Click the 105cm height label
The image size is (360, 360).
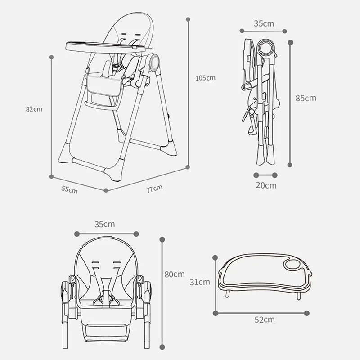pos(205,78)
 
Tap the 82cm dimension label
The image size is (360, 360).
pos(34,109)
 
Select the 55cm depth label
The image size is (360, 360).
pos(69,189)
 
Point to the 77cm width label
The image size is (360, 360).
pos(154,189)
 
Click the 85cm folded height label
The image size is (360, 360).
pos(306,98)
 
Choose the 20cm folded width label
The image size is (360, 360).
pos(266,185)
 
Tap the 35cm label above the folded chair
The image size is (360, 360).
pos(264,23)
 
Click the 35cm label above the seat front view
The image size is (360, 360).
pos(105,224)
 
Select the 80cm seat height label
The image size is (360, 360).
pos(175,274)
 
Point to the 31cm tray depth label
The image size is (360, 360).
pos(200,282)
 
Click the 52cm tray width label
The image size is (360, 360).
pos(265,319)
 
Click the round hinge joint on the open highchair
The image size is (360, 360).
pos(154,62)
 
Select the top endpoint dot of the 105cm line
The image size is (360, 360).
pos(188,19)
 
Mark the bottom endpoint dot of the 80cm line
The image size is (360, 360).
pos(162,347)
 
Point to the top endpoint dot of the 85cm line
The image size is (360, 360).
pos(290,42)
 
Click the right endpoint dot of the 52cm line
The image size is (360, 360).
pos(306,313)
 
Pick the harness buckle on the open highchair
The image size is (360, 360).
pos(116,67)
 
